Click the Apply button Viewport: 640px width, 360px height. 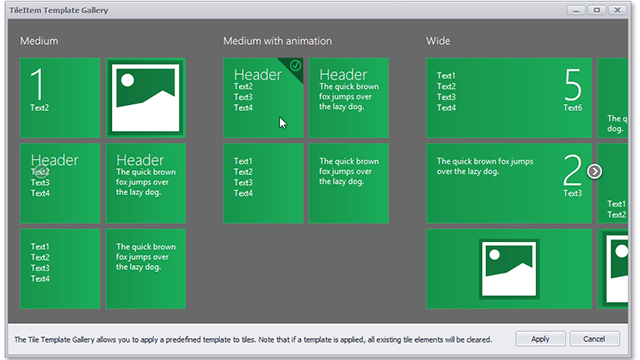(540, 339)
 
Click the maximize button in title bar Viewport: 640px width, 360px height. (597, 9)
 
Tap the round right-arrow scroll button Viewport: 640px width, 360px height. (595, 171)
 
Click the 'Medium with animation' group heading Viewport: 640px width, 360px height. (277, 41)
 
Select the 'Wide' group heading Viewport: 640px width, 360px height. (438, 41)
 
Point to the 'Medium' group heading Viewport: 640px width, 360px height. (39, 41)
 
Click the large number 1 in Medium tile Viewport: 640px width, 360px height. (38, 84)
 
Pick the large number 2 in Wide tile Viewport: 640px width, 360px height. (572, 170)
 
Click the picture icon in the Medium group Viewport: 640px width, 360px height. (145, 98)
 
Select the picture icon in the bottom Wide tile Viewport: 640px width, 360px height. (510, 269)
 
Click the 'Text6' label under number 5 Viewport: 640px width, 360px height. (572, 107)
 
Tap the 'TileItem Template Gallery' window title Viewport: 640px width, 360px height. (60, 9)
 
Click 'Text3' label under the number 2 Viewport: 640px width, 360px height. (572, 193)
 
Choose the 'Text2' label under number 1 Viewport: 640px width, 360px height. (39, 107)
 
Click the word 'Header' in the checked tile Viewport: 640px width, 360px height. (257, 75)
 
